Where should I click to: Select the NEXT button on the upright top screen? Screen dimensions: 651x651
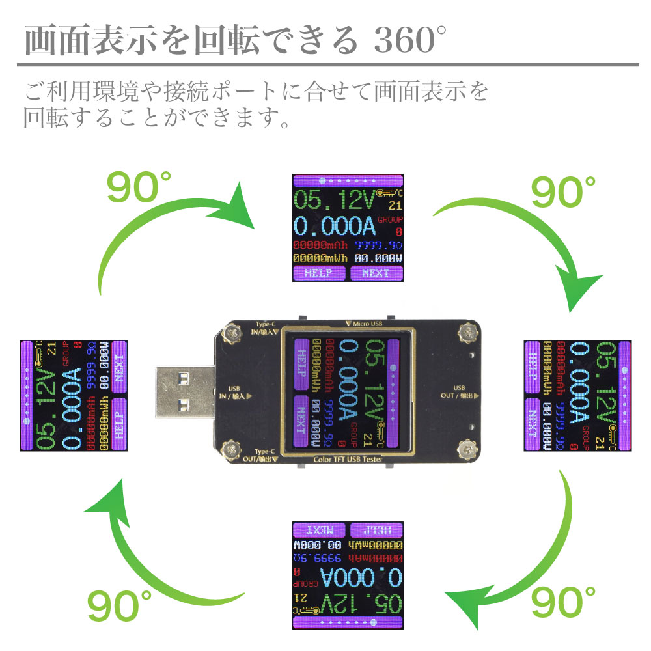point(375,273)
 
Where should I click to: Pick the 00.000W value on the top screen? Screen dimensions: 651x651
point(376,258)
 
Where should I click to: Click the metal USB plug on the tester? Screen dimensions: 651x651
point(184,396)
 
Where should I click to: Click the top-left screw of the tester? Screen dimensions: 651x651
point(230,334)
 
